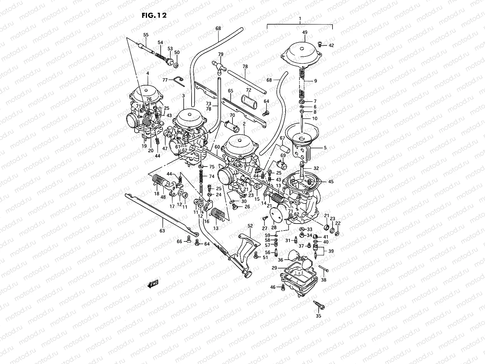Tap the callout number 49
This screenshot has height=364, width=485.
[305, 32]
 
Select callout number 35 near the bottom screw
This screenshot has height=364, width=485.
[318, 316]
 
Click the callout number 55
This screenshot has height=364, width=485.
[146, 35]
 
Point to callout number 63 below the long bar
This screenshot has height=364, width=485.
[162, 231]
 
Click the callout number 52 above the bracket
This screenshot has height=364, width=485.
[250, 226]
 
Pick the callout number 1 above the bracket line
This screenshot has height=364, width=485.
[300, 19]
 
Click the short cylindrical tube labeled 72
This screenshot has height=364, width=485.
[248, 101]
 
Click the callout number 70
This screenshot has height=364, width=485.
[232, 115]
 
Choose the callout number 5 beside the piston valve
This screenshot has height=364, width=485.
[325, 148]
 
